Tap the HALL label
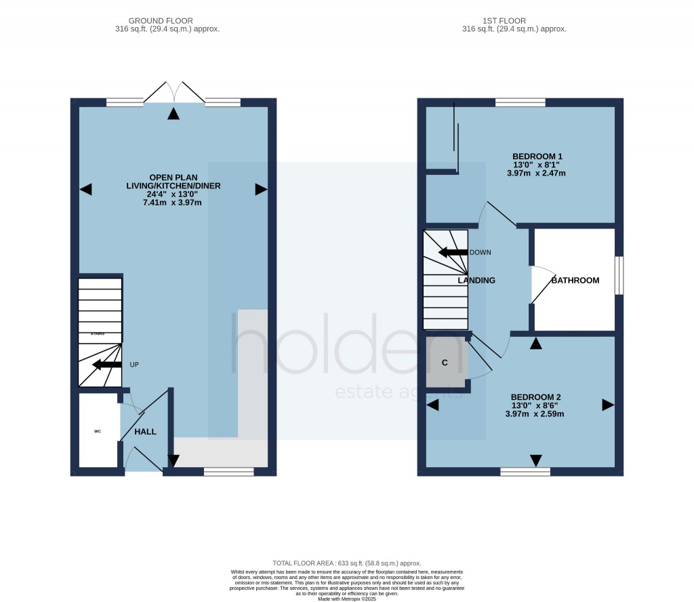pos(145,431)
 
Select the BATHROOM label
pos(575,280)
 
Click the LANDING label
pos(476,280)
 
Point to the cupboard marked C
pos(445,363)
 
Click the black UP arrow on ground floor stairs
pos(106,365)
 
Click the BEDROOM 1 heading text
pos(537,157)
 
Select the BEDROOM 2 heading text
pos(535,397)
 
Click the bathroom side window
pos(618,275)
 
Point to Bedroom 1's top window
pos(520,102)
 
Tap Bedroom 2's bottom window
pos(525,471)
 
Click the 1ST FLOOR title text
pos(514,21)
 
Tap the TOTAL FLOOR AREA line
pos(346,563)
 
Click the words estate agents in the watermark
pos(399,392)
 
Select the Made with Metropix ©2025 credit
pos(346,598)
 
